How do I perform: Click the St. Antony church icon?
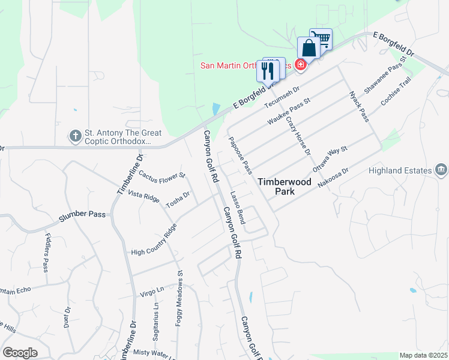[x=76, y=136]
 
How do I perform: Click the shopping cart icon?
[x=322, y=40]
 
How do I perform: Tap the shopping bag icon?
[x=309, y=49]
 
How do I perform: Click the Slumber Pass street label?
[x=82, y=215]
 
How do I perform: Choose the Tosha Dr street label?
[x=178, y=199]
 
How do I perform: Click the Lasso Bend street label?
[x=238, y=208]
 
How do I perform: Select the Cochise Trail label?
[x=396, y=91]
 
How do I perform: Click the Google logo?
[x=20, y=353]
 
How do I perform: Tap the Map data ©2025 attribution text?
[x=423, y=355]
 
